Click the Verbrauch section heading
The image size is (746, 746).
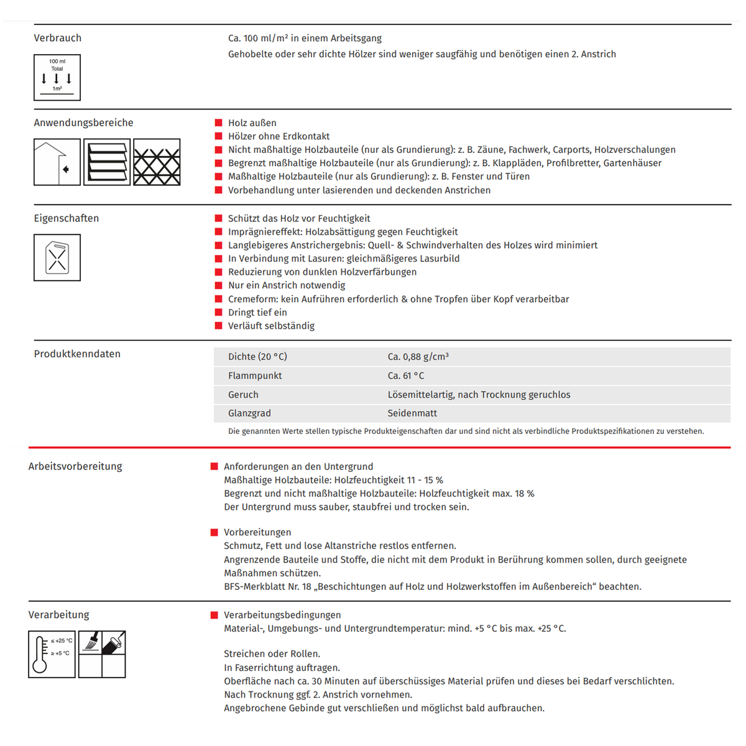(57, 38)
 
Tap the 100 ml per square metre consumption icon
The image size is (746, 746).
(57, 78)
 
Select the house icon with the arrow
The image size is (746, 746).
(57, 162)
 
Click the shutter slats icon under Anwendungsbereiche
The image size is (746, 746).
(107, 162)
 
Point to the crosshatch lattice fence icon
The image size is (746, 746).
(157, 162)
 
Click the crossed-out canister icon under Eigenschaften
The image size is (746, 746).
(57, 257)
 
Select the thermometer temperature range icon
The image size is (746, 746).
(52, 654)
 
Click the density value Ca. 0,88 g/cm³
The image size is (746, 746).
(418, 357)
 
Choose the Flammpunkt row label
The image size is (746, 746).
(255, 375)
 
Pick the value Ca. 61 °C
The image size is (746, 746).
(406, 375)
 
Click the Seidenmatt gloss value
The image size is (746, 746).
(412, 413)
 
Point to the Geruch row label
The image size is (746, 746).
(243, 395)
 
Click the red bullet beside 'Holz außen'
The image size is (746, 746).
(218, 123)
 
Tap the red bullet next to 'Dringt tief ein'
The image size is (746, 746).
(218, 312)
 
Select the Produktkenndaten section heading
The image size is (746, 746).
(77, 354)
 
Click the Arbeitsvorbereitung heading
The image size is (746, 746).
(75, 466)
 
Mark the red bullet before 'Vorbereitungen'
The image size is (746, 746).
(214, 532)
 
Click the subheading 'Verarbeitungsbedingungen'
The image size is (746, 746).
(282, 615)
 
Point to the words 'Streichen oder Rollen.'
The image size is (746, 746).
(272, 654)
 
